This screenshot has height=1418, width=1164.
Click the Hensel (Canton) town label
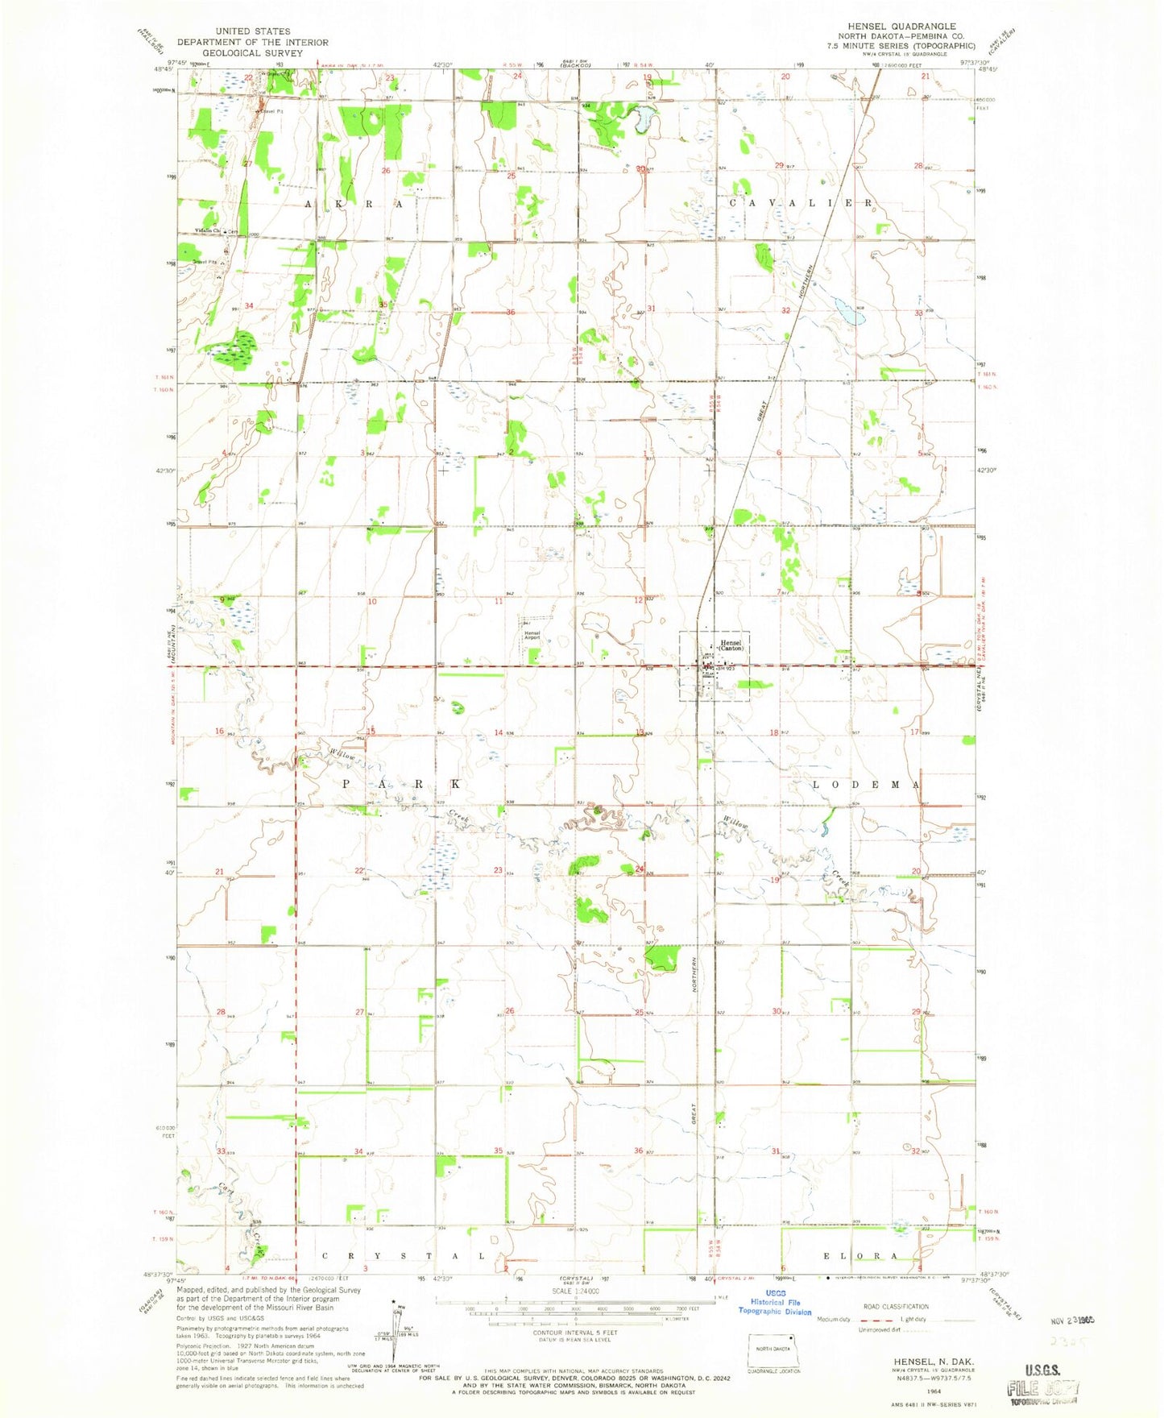click(731, 645)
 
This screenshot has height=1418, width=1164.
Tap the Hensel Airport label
click(532, 635)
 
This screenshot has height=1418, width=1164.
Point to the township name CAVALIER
click(800, 203)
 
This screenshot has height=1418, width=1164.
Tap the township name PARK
click(402, 784)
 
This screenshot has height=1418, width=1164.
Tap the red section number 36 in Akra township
click(510, 313)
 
